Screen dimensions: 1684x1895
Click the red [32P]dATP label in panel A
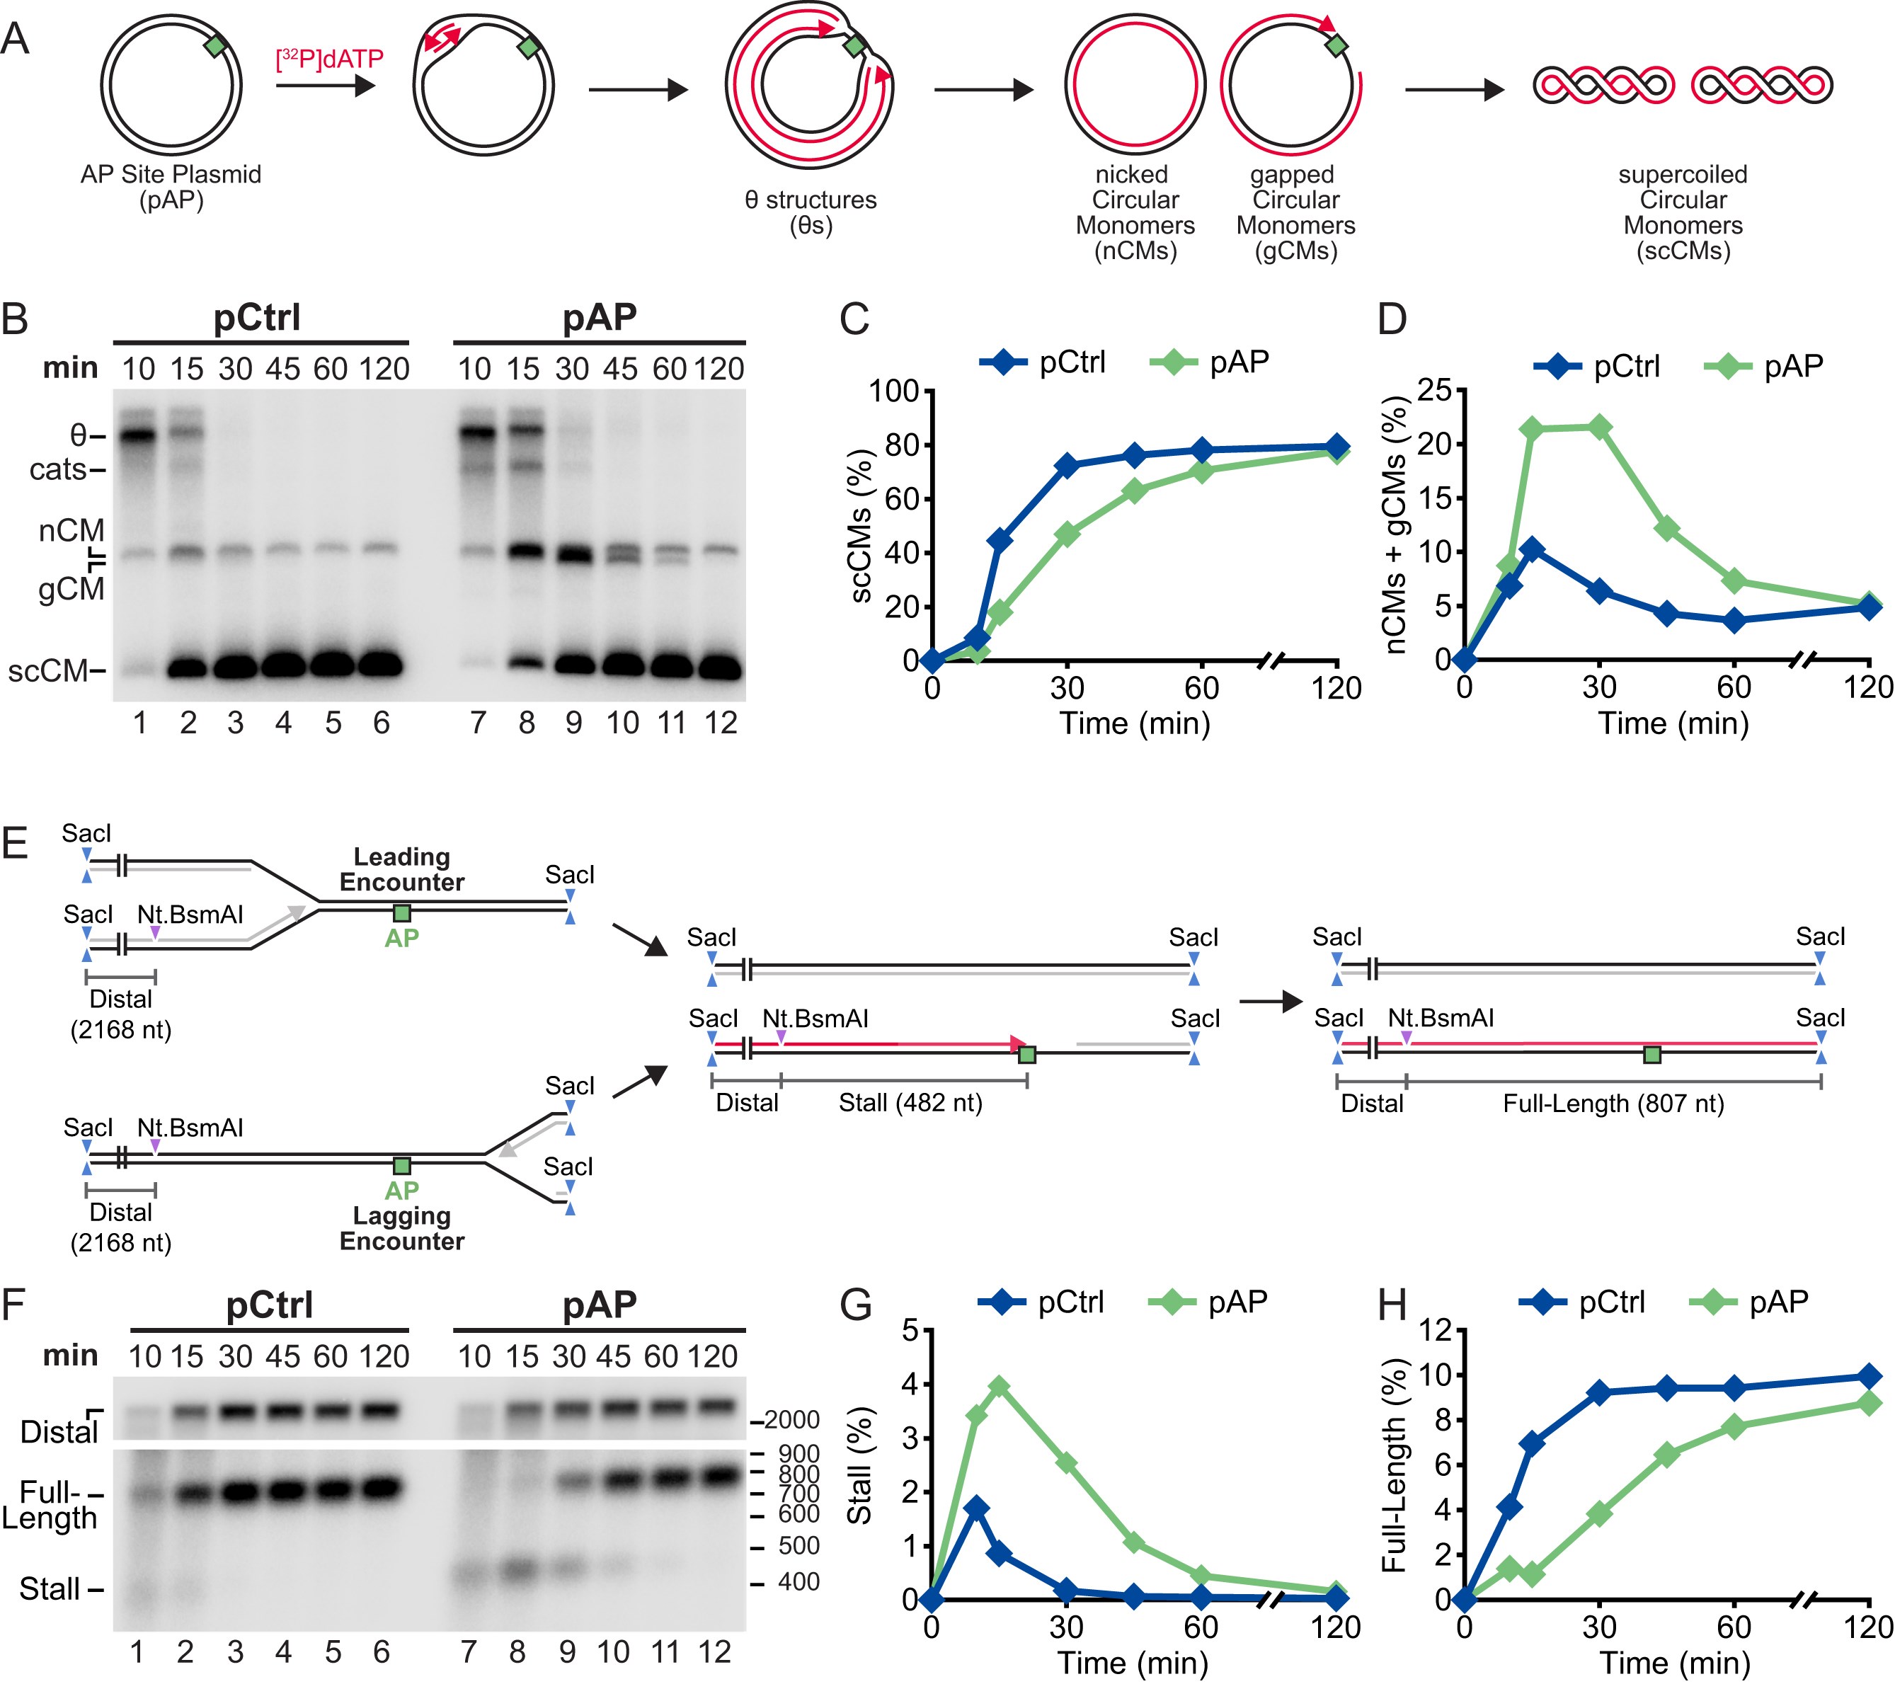tap(329, 59)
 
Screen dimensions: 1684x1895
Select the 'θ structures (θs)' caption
tap(811, 212)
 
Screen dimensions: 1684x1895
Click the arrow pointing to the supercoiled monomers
tap(1454, 90)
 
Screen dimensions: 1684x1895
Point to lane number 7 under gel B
tap(479, 723)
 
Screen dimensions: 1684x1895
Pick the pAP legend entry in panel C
tap(1209, 362)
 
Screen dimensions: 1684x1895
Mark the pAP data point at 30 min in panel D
tap(1599, 428)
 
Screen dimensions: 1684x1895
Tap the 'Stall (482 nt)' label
tap(910, 1103)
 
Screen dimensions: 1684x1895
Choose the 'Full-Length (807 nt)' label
tap(1613, 1104)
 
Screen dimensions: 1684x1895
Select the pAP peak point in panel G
tap(999, 1387)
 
